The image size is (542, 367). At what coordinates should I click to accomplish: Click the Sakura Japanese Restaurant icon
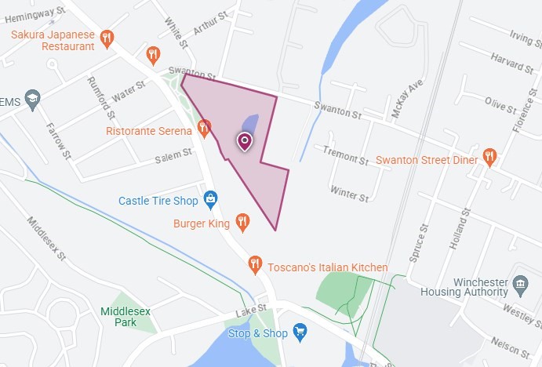click(x=107, y=37)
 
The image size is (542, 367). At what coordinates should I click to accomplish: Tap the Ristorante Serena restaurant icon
click(x=205, y=126)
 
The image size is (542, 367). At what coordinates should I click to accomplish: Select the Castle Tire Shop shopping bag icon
click(x=210, y=201)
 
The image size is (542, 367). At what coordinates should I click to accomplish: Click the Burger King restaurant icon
click(x=242, y=223)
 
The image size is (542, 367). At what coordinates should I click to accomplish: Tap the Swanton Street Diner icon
click(x=490, y=157)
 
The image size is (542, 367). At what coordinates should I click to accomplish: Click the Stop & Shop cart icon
click(x=300, y=333)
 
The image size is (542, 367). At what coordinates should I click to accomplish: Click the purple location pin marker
click(x=245, y=141)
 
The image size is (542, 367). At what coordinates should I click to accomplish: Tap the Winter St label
click(x=349, y=193)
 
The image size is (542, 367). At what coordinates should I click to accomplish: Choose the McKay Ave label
click(x=408, y=96)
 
